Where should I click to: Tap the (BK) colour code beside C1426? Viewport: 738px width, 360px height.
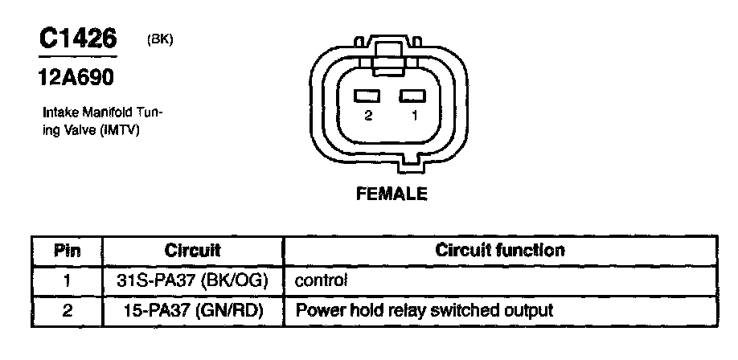point(160,40)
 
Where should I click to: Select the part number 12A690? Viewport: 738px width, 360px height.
point(76,77)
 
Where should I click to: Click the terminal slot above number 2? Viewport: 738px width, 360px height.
point(367,96)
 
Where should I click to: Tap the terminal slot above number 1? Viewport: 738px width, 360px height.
point(412,96)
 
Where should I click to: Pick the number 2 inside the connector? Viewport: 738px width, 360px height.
point(368,116)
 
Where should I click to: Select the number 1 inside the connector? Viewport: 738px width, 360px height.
point(414,116)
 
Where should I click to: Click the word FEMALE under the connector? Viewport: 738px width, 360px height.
point(392,194)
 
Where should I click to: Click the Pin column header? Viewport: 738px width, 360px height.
point(67,251)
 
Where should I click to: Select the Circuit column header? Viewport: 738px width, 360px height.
point(193,251)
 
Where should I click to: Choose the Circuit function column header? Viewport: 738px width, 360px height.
point(500,250)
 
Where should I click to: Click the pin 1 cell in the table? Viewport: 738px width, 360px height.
point(67,281)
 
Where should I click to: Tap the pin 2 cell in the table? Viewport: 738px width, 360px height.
point(67,311)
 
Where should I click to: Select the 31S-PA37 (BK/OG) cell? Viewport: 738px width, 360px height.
point(192,281)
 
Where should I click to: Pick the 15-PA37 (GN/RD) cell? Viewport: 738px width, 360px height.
point(194,311)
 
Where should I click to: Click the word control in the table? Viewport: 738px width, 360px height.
point(321,281)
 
